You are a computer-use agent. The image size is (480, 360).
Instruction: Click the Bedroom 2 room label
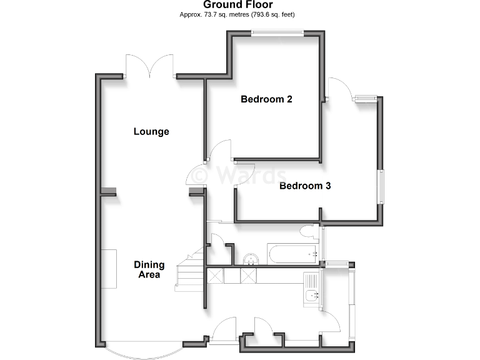point(267,99)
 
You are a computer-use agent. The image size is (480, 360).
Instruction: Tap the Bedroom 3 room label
point(304,186)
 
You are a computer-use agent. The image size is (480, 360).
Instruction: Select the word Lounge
point(151,131)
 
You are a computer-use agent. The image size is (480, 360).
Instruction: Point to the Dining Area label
point(149,269)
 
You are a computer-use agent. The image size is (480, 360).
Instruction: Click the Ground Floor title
point(238,5)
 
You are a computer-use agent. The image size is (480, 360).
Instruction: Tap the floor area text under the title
point(238,14)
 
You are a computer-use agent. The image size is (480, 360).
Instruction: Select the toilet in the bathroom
point(309,232)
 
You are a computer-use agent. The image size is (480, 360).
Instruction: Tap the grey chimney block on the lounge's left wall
point(109,192)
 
